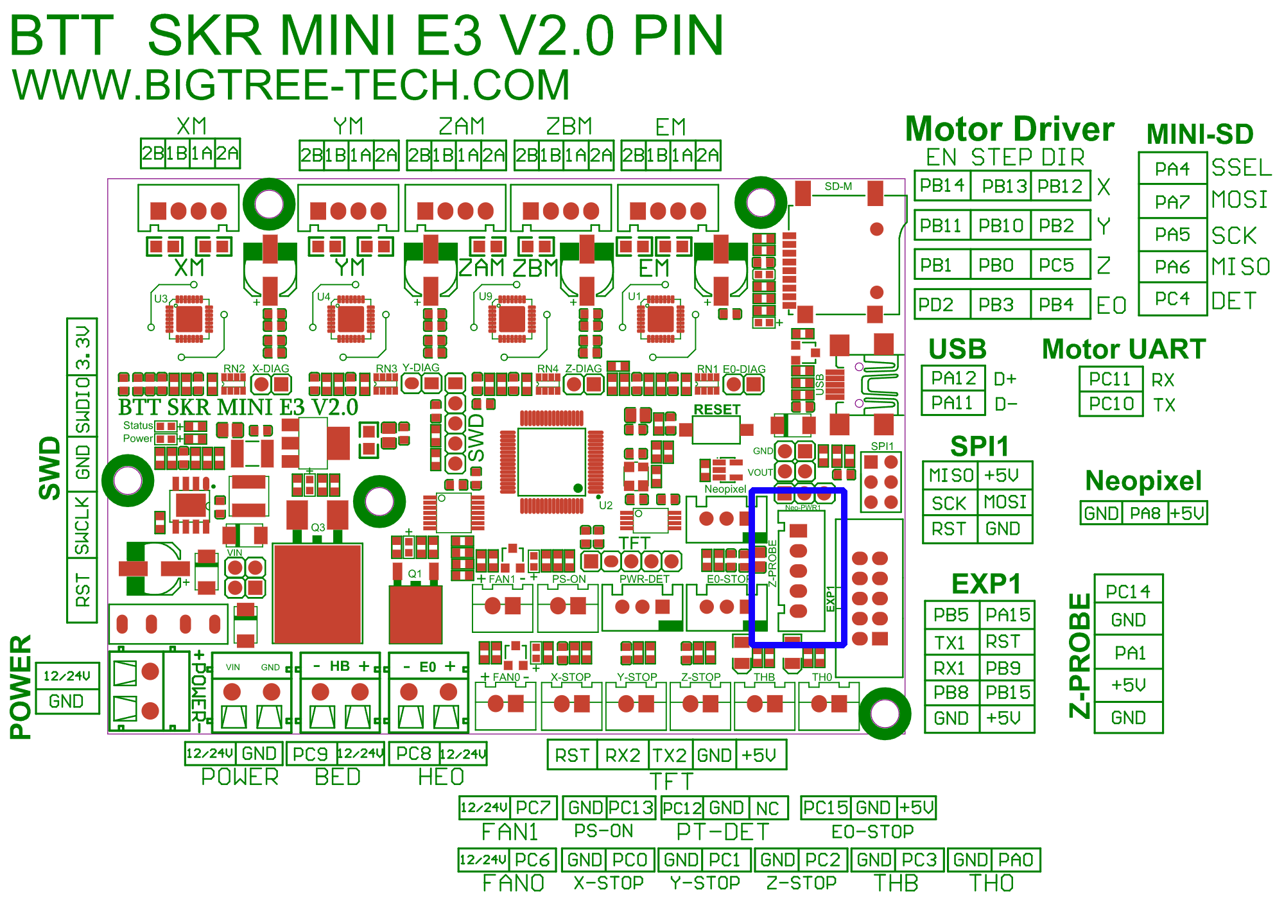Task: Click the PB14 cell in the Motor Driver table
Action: click(x=942, y=186)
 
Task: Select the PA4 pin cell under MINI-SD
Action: click(x=1172, y=169)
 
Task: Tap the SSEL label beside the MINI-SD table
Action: click(x=1241, y=168)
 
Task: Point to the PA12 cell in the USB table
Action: click(x=953, y=378)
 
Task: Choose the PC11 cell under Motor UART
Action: click(x=1110, y=379)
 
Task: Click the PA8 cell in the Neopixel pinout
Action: click(x=1145, y=514)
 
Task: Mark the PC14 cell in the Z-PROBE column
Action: click(x=1128, y=591)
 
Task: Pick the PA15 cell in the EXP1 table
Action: click(x=1008, y=615)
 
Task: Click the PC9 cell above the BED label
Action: click(x=310, y=754)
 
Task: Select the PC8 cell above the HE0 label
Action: click(x=413, y=754)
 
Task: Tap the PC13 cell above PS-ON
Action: click(x=631, y=808)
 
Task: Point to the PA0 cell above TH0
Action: click(x=1016, y=859)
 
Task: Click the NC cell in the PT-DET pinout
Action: click(x=767, y=808)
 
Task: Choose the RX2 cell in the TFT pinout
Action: click(x=623, y=755)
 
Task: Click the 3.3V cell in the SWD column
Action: click(x=83, y=347)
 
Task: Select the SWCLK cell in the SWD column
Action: click(x=82, y=525)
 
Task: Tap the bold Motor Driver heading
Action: click(x=1009, y=130)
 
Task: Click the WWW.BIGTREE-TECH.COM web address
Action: click(x=291, y=85)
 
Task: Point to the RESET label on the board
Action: click(x=717, y=410)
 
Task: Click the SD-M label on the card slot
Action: click(x=838, y=187)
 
